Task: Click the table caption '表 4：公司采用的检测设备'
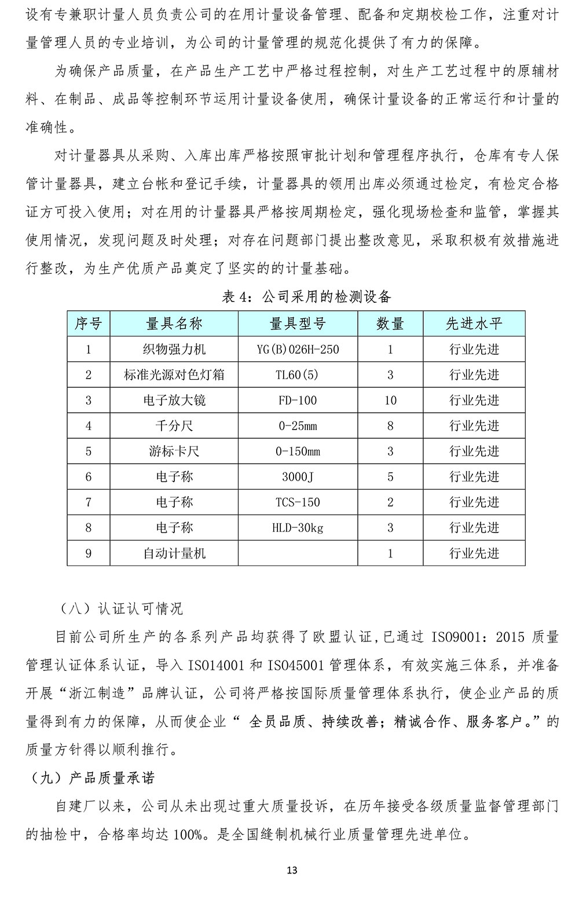pos(307,298)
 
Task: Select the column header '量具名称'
pos(174,324)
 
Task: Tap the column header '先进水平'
pos(474,324)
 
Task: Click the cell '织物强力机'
pos(174,350)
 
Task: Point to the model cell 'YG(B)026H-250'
pos(298,350)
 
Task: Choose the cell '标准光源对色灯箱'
pos(174,375)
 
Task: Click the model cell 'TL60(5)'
pos(298,375)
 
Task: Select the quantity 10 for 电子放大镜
pos(390,401)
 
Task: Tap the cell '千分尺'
pos(174,426)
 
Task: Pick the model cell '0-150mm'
pos(298,452)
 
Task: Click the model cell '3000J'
pos(298,477)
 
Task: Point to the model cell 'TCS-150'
pos(298,502)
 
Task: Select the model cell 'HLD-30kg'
pos(298,528)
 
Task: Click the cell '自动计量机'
pos(174,553)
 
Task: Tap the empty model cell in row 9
pos(298,553)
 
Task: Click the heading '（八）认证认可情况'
pos(120,608)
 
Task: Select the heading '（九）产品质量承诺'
pos(93,777)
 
